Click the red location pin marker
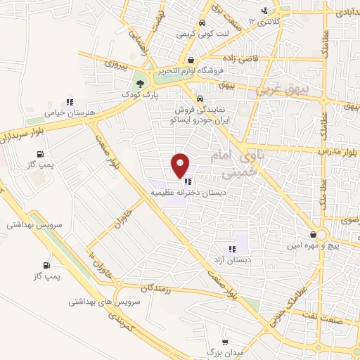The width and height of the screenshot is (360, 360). point(181,165)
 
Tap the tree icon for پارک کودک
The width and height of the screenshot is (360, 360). point(141,82)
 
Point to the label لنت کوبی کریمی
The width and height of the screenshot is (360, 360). point(193,33)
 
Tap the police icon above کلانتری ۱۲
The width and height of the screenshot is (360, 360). point(264,11)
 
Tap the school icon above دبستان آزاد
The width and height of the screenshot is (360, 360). point(231,248)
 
